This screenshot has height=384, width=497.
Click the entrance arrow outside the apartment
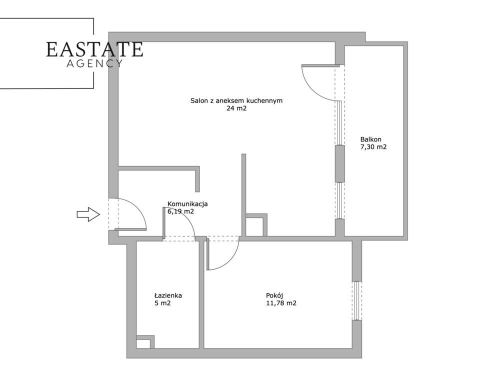[x=88, y=214]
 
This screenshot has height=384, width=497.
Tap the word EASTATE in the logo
[x=94, y=49]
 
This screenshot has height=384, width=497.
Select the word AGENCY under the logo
[x=94, y=63]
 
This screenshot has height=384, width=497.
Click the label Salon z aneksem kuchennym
[x=236, y=101]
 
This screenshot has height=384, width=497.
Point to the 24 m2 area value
[x=236, y=108]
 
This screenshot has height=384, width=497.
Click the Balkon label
[x=370, y=139]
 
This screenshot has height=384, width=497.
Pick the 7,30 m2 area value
[x=373, y=147]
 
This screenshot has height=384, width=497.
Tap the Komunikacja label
[x=187, y=204]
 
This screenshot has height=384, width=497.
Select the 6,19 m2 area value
[x=180, y=211]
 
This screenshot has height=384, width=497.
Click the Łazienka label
[x=168, y=295]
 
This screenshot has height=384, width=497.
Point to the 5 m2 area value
[x=162, y=303]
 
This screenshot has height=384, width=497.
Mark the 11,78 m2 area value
[x=281, y=303]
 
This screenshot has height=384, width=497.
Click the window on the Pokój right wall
[x=357, y=300]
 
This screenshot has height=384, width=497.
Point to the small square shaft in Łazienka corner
[x=145, y=342]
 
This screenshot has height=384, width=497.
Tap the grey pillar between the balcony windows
[x=340, y=163]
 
